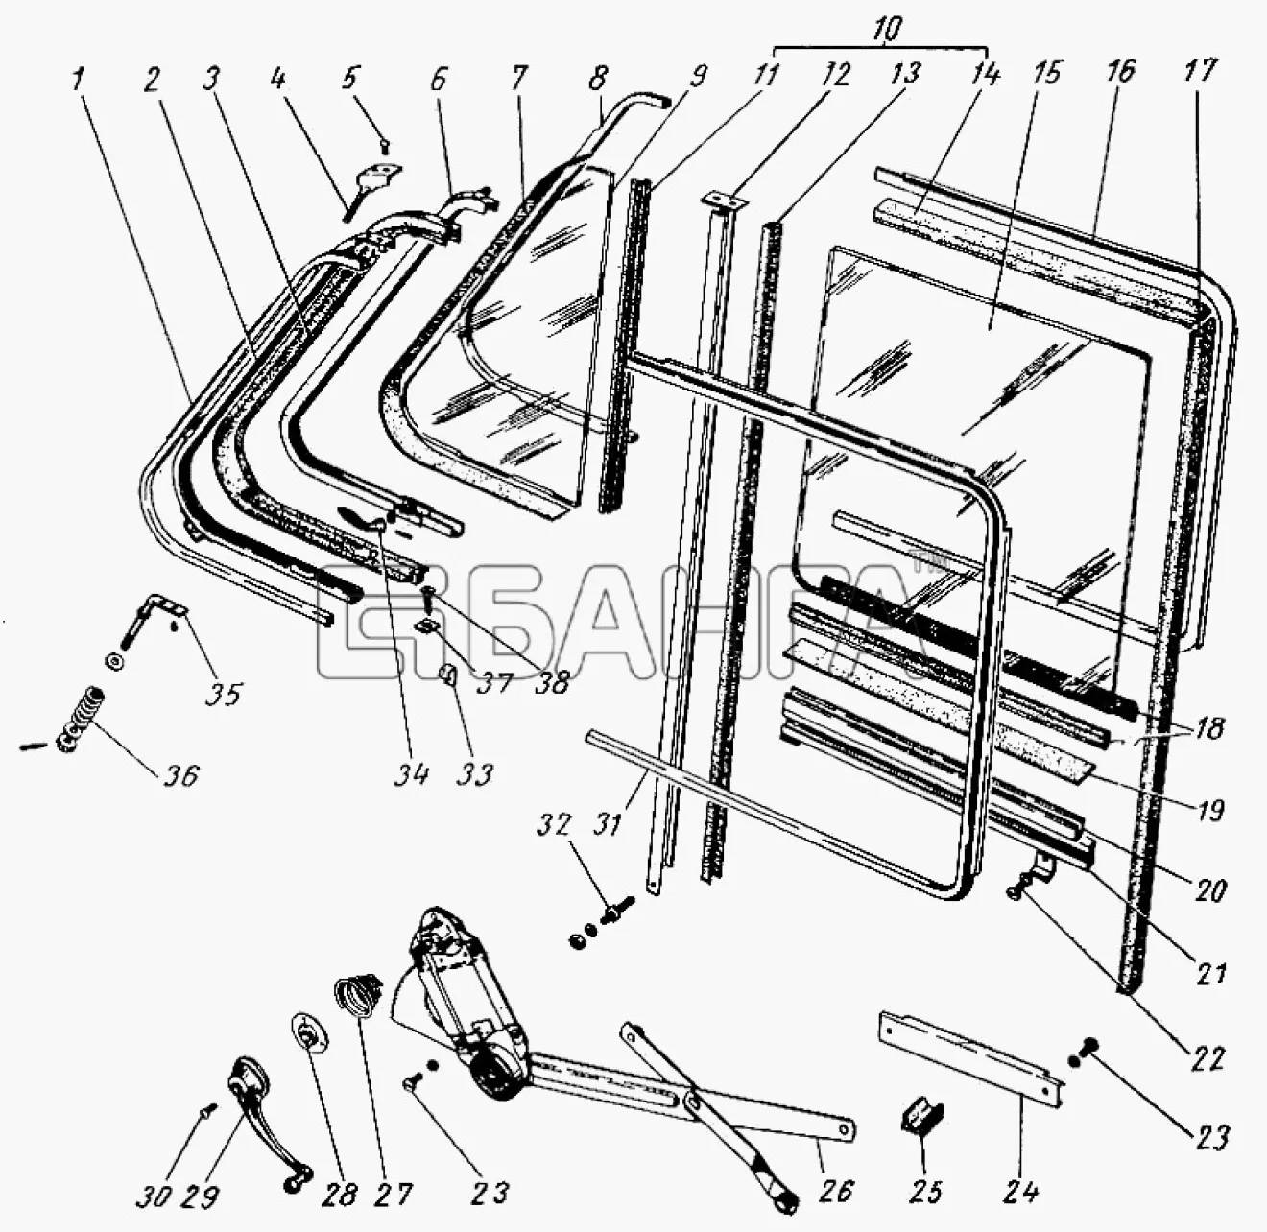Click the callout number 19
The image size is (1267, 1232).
point(1209,810)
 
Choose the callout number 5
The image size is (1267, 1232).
point(349,78)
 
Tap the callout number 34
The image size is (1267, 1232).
point(412,774)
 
